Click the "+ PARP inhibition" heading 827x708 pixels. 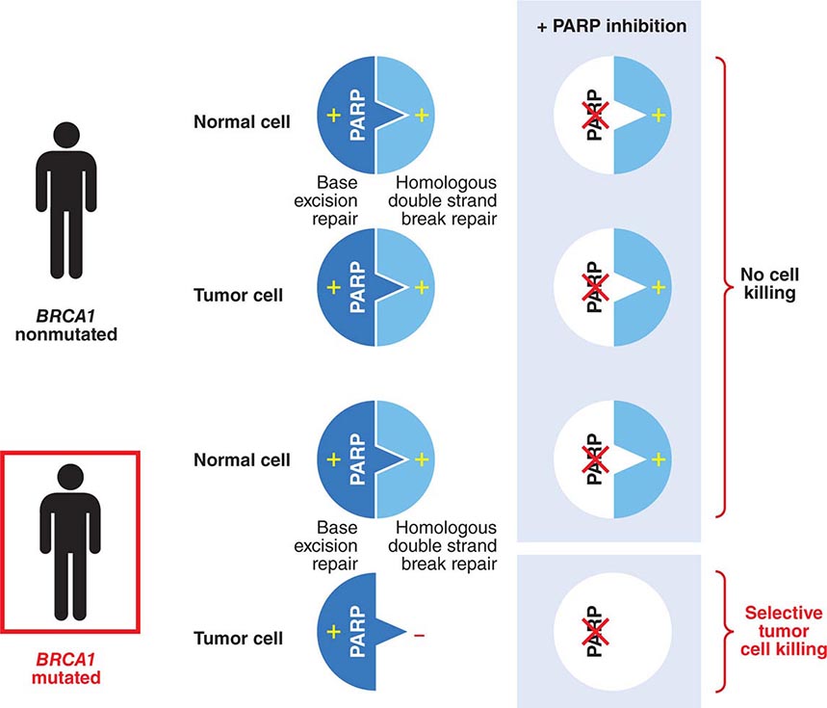point(611,26)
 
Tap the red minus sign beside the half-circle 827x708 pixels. point(419,637)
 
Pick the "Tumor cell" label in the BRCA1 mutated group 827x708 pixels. point(238,638)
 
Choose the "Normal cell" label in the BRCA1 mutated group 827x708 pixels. point(242,459)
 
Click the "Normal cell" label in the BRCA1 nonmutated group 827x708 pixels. point(242,122)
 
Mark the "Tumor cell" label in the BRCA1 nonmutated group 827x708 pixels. point(238,295)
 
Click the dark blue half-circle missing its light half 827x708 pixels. point(349,638)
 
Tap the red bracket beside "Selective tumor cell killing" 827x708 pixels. point(721,631)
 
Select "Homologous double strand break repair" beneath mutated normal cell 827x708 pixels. point(447,544)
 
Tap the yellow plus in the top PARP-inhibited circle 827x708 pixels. point(659,116)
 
